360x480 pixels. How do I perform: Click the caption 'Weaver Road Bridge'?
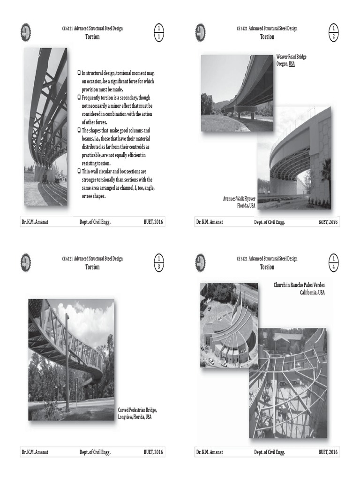coord(291,57)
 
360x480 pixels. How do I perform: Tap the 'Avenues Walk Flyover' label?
coord(239,199)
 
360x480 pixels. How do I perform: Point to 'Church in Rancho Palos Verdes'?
coord(299,285)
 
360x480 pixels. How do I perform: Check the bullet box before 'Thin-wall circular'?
coord(79,172)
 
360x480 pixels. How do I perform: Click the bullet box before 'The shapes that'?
coord(79,130)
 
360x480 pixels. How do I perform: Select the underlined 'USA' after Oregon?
coord(292,64)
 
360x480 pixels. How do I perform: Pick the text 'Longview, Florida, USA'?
coord(135,417)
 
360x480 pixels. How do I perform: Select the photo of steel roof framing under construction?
coord(287,383)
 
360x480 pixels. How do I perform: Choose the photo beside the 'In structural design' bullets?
coord(45,127)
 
